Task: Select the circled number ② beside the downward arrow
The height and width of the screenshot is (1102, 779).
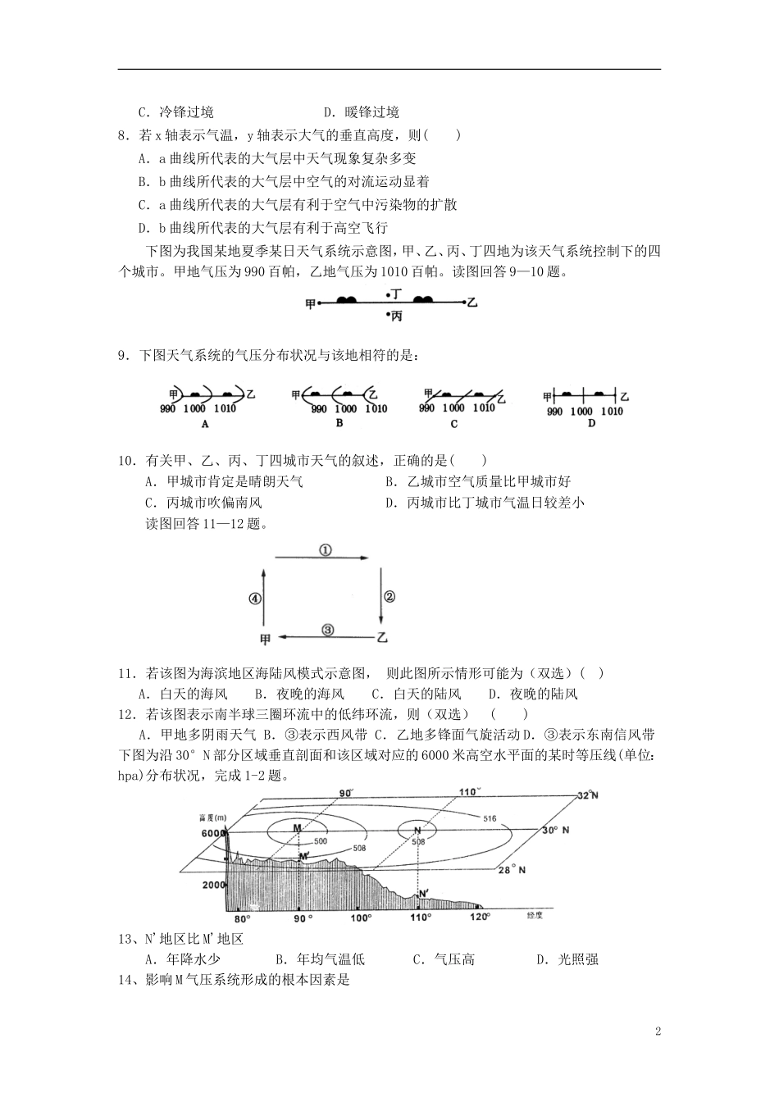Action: [x=389, y=597]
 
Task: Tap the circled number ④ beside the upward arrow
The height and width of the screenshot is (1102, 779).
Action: [x=255, y=599]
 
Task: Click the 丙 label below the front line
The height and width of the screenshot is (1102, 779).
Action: [x=395, y=316]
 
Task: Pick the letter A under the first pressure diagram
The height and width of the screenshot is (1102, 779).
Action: [x=204, y=425]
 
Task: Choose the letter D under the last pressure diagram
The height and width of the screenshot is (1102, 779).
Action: [x=591, y=424]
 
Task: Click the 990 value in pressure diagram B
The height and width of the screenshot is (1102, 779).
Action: [x=319, y=409]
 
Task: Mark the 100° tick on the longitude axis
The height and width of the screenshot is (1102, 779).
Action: [x=359, y=918]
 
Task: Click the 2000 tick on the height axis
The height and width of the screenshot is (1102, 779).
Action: [x=212, y=886]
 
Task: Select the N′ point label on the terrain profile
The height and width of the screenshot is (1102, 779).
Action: [x=423, y=894]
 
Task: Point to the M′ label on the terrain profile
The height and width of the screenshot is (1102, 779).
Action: [x=303, y=857]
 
